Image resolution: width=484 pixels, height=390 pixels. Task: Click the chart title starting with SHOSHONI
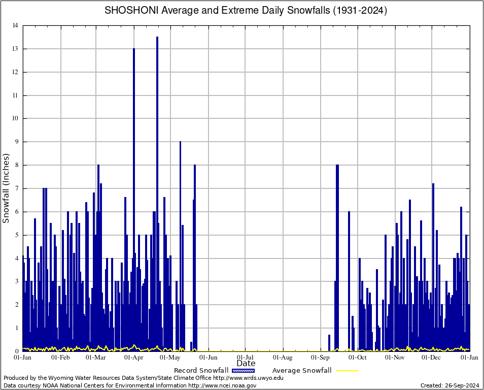click(x=246, y=10)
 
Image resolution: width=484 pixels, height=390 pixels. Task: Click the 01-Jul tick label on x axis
click(x=246, y=357)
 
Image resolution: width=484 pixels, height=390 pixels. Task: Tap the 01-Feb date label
click(x=60, y=357)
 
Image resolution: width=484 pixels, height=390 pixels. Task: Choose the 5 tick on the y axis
click(x=17, y=235)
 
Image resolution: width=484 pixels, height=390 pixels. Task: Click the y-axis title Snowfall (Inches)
click(x=6, y=188)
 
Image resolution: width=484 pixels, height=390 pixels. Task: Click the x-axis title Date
click(x=246, y=364)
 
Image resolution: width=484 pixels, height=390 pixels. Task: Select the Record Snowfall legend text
click(x=201, y=370)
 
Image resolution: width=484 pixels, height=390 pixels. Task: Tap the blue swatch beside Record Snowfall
click(x=243, y=370)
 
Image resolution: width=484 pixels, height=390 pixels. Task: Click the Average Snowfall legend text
click(x=301, y=370)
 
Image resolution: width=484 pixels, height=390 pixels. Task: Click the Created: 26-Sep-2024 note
click(x=450, y=385)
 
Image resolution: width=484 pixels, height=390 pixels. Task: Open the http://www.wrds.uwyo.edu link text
click(x=248, y=378)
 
